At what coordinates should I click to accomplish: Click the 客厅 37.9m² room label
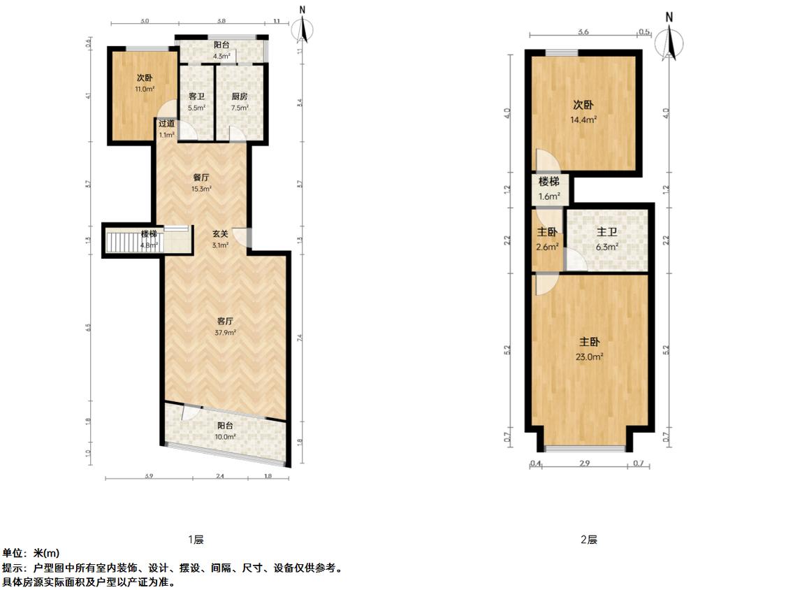click(x=224, y=327)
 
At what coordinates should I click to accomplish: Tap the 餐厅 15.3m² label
click(x=202, y=182)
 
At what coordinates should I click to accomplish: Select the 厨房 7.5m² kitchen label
click(x=239, y=102)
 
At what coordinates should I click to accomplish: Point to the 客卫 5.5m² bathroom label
click(x=196, y=102)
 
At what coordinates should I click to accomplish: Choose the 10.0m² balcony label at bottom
click(x=225, y=430)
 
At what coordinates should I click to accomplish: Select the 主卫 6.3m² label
click(x=607, y=238)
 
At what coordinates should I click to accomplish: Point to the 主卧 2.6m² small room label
click(x=547, y=238)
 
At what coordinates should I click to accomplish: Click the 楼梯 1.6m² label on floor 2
click(x=548, y=188)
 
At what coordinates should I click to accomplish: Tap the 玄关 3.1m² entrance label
click(x=220, y=239)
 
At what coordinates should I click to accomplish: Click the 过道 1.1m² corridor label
click(x=166, y=129)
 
